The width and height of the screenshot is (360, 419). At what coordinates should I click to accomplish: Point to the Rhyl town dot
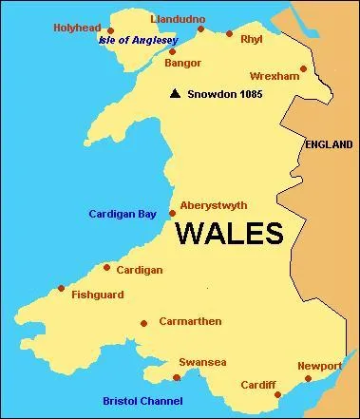[x=229, y=33]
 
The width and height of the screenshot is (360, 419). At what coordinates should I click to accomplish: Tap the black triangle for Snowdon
[x=174, y=94]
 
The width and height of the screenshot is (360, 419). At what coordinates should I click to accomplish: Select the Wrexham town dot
[x=303, y=68]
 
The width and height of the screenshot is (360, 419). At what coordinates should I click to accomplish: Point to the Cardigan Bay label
[x=123, y=214]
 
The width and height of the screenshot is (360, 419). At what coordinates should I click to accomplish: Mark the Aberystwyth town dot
[x=172, y=213]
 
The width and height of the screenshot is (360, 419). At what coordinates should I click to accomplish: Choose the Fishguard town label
[x=97, y=295]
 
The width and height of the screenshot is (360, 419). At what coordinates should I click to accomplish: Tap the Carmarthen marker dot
[x=143, y=323]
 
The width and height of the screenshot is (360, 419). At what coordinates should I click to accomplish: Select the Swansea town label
[x=202, y=362]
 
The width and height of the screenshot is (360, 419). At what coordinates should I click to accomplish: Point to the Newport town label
[x=319, y=366]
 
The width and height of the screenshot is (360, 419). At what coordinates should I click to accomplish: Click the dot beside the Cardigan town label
[x=107, y=267]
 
